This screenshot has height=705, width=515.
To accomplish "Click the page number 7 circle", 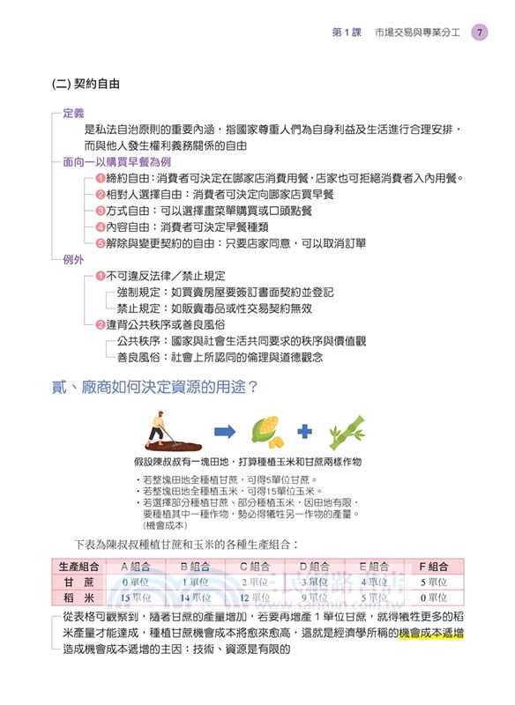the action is tap(479, 33).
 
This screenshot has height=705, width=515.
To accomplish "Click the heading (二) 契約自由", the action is tap(86, 85).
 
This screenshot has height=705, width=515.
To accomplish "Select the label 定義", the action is tap(73, 114).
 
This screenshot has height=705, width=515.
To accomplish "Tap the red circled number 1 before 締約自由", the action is tap(101, 179).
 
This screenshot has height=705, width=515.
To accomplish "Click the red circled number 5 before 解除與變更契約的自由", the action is tap(101, 242).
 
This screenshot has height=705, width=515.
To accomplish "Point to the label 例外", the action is tap(73, 260).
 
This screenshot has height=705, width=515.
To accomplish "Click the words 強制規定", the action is tap(138, 293).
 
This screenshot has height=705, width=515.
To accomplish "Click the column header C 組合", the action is tap(257, 566).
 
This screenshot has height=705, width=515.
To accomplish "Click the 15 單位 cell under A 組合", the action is tap(137, 597).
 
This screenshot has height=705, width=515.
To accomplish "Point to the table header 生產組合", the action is tap(78, 566).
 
